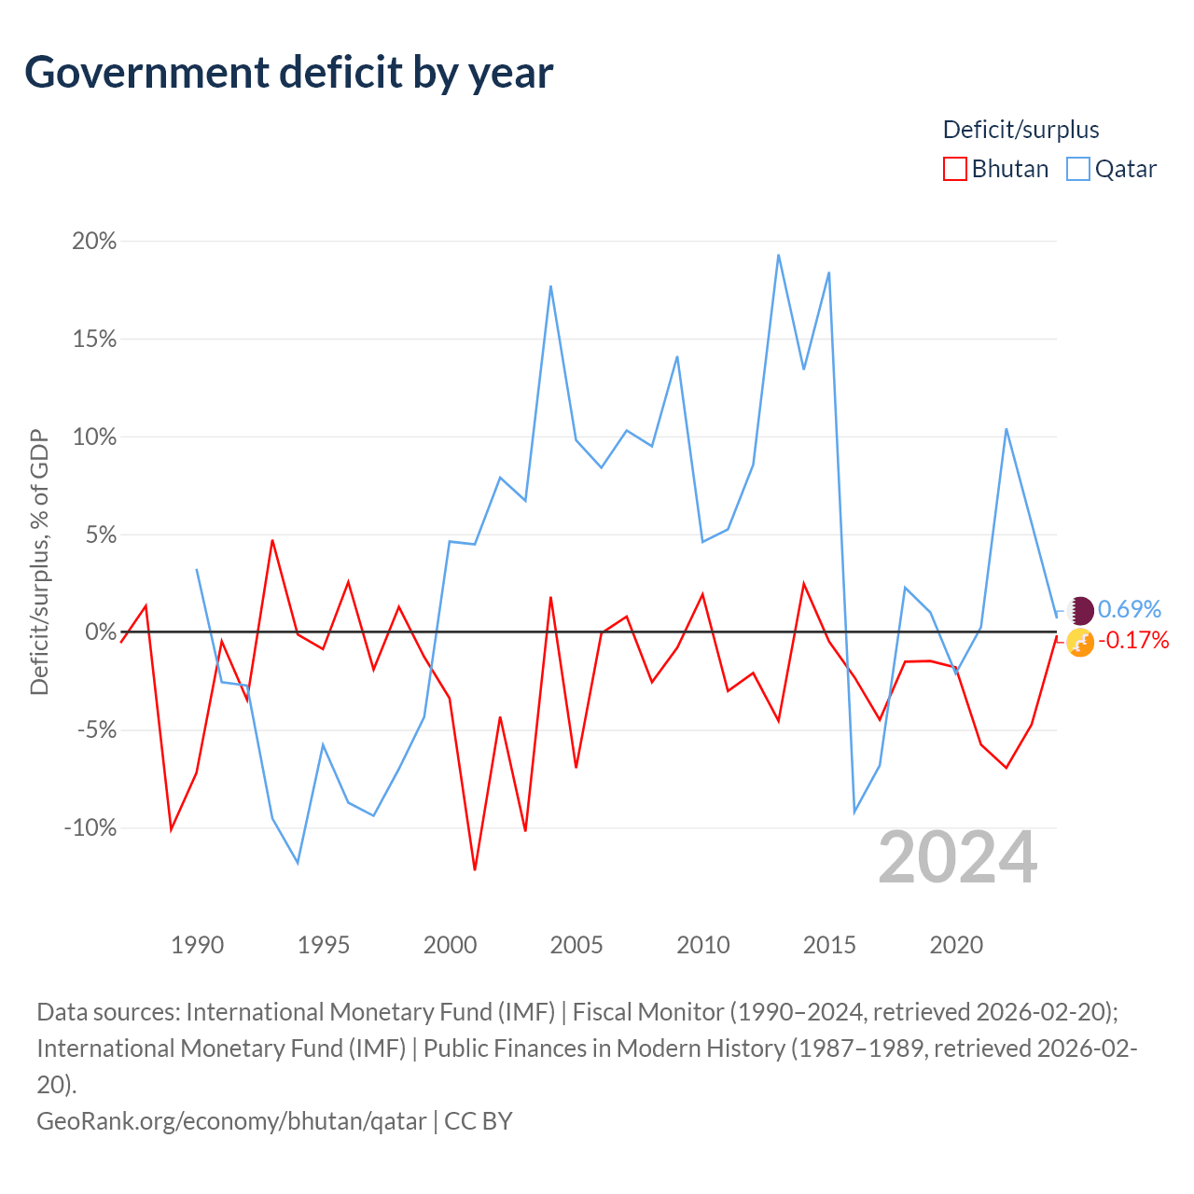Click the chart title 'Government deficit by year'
click(288, 73)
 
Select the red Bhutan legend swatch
click(954, 169)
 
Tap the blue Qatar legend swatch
click(1077, 169)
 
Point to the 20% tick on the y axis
click(94, 241)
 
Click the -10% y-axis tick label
click(90, 827)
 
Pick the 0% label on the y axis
click(101, 632)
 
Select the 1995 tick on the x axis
click(324, 945)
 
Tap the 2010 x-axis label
click(702, 945)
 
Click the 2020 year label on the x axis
click(956, 945)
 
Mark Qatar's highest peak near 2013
click(778, 256)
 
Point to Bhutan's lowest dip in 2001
click(475, 869)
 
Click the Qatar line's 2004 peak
click(551, 286)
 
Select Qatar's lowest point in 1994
click(298, 863)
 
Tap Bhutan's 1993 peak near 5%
click(272, 540)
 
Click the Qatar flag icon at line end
click(1080, 610)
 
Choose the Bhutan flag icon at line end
click(1080, 643)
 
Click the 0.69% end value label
click(1129, 609)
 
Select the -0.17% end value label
click(1133, 640)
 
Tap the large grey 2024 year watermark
click(957, 857)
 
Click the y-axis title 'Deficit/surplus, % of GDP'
click(40, 562)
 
